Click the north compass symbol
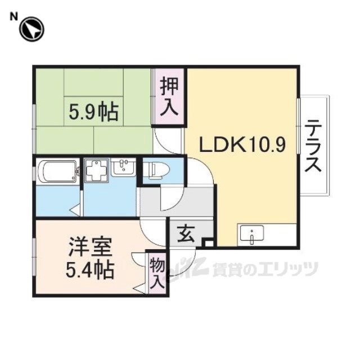coord(31,29)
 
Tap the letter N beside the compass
coord(13,16)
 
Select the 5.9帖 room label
coord(93,112)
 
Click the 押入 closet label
coord(169,97)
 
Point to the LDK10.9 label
coord(242,145)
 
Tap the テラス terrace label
coord(313,146)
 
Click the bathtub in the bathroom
coord(57,172)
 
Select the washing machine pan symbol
coord(96,170)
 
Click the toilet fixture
coord(158,170)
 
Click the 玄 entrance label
coord(187,233)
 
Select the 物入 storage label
coord(157,274)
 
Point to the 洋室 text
coord(90,247)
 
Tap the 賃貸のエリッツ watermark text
coord(265,268)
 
